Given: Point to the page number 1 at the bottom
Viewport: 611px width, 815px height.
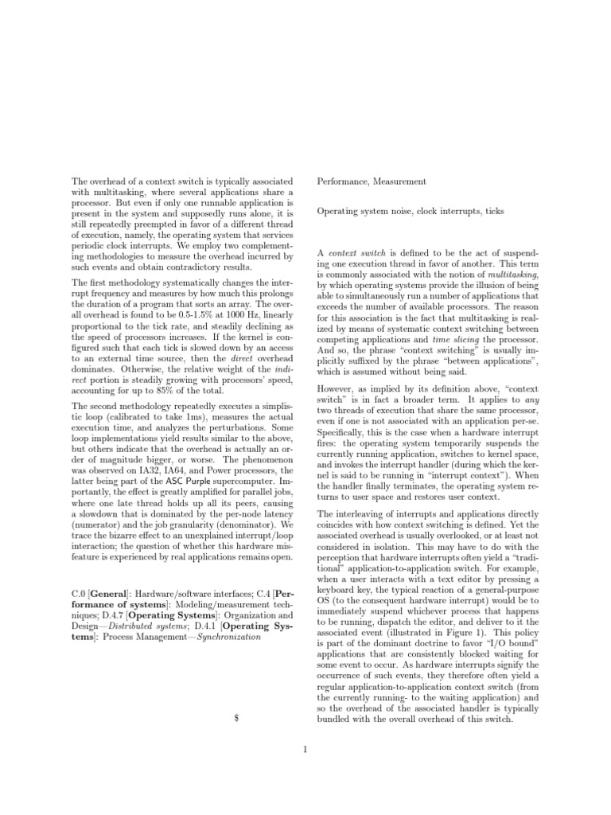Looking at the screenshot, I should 305,748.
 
